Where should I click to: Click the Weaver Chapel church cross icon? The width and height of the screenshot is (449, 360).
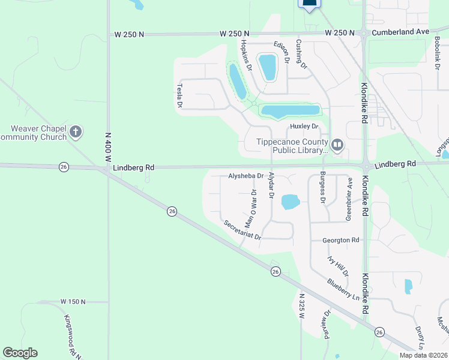click(76, 131)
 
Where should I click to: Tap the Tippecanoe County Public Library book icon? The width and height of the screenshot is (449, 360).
click(337, 145)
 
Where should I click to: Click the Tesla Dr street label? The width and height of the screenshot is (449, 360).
click(179, 96)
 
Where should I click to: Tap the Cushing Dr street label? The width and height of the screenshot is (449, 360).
click(301, 53)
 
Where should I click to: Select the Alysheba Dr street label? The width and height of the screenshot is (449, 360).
click(246, 176)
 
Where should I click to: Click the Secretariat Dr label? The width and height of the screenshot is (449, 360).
click(243, 230)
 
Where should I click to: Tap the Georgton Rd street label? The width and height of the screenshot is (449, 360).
click(340, 240)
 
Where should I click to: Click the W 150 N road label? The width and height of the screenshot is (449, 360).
click(73, 301)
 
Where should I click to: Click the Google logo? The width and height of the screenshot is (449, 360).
click(20, 353)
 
